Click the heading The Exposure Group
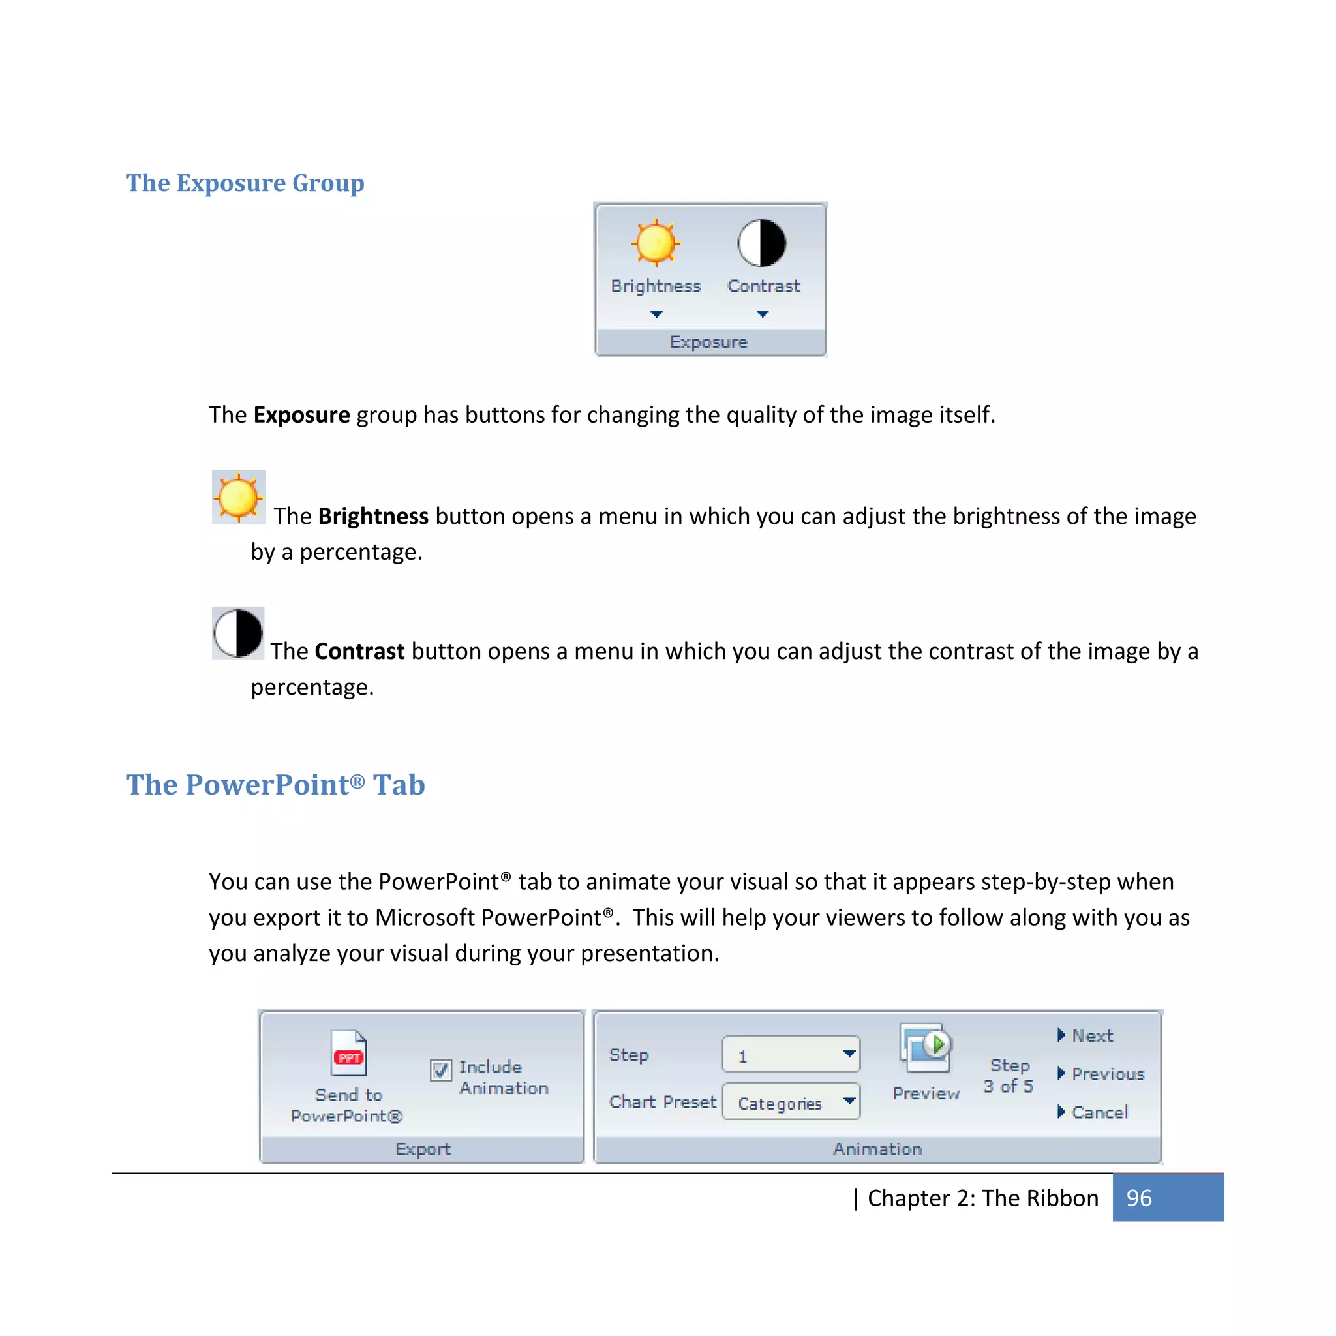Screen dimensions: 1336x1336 tap(245, 183)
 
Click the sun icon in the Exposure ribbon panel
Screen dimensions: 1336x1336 tap(655, 243)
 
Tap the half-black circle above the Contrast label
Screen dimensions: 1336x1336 tap(761, 243)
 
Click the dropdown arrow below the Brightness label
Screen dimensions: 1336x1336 tap(656, 314)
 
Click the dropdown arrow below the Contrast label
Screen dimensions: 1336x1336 tap(762, 314)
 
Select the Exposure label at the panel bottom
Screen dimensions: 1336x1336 tap(709, 342)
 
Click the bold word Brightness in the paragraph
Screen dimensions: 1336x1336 tap(372, 517)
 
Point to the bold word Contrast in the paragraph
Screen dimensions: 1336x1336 tap(359, 652)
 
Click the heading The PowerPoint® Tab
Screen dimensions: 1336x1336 tap(275, 785)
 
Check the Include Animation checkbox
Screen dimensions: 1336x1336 tap(440, 1070)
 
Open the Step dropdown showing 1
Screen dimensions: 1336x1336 tap(849, 1054)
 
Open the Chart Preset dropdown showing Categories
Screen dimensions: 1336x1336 tap(849, 1101)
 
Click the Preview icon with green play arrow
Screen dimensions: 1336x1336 tap(925, 1047)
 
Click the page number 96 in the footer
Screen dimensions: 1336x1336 tap(1139, 1198)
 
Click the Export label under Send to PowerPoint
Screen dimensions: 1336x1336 tap(423, 1149)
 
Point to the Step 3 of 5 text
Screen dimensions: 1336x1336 tap(1009, 1076)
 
